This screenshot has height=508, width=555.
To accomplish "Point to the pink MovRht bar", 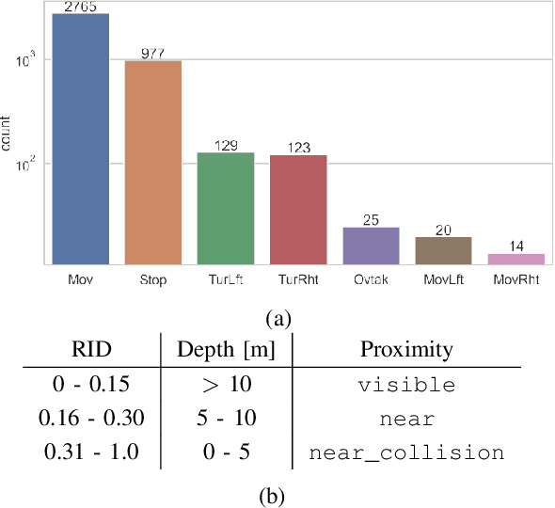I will (515, 258).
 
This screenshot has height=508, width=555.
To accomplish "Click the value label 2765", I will (81, 8).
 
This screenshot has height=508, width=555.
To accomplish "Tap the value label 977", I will (153, 53).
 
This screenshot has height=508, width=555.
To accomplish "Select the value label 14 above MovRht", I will (515, 246).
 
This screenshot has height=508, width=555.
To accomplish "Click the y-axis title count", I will (8, 134).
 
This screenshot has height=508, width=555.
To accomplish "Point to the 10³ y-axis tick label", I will (26, 59).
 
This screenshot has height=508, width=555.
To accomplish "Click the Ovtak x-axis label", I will (371, 279).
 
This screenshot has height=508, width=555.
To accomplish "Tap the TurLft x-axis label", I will (225, 279).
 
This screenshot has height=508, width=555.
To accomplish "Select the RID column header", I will (92, 350).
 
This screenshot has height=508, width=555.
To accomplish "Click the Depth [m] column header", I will (226, 350).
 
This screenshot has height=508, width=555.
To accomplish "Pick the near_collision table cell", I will (406, 452).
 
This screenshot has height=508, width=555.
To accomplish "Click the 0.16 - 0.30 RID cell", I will (92, 419).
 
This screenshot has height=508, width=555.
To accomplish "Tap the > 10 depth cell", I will (226, 386).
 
